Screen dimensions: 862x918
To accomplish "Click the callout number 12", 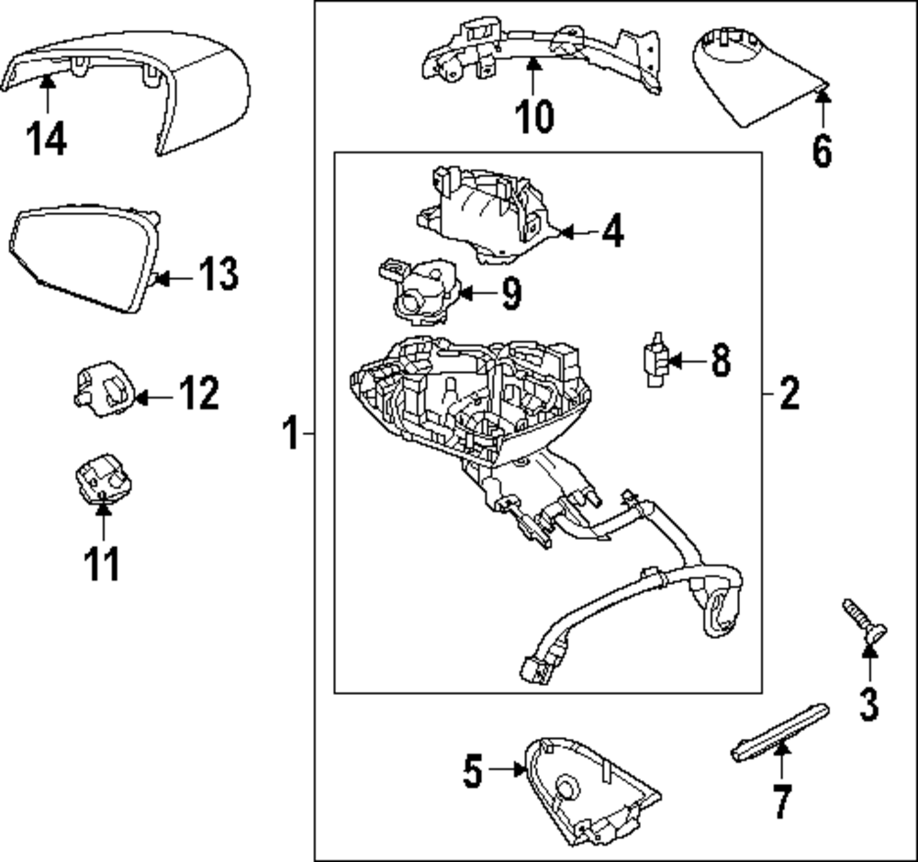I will [x=198, y=395].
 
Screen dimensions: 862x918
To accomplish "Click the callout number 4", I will [x=612, y=231].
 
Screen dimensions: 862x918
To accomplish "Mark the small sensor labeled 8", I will [x=655, y=361].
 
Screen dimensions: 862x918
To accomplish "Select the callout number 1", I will [x=290, y=432].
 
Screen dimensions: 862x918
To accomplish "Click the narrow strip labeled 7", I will [x=780, y=732].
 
